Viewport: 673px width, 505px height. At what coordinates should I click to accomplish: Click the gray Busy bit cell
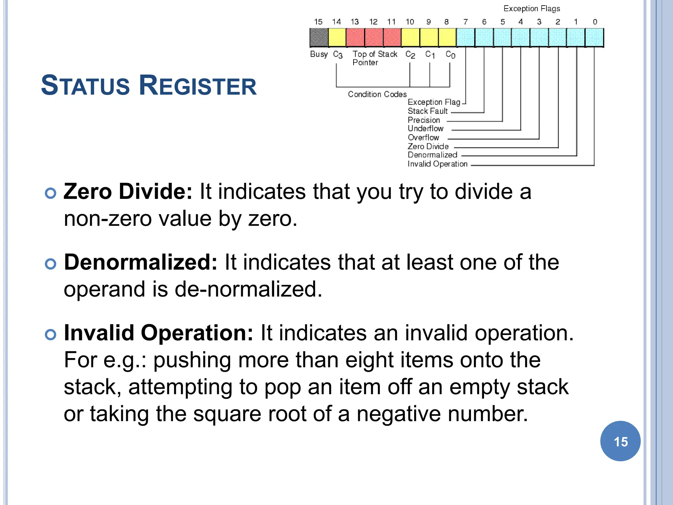click(319, 37)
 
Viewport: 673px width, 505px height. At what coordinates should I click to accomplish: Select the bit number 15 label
click(318, 22)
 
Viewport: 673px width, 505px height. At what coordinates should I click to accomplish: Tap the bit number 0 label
click(595, 22)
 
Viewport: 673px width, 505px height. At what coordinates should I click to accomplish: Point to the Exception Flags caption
click(532, 9)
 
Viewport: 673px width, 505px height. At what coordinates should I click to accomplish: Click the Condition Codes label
click(377, 94)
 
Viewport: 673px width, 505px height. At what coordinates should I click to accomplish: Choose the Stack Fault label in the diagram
click(428, 111)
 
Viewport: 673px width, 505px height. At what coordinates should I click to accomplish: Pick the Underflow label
click(426, 129)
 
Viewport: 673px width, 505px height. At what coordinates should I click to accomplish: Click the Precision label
click(424, 120)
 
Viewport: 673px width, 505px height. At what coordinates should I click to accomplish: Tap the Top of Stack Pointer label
click(375, 58)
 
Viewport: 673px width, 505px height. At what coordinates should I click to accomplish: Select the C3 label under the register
click(338, 55)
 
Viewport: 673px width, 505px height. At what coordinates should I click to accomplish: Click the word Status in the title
click(85, 85)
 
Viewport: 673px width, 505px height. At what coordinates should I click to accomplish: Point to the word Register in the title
click(197, 85)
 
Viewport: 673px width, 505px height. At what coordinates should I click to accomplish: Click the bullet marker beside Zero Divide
click(51, 193)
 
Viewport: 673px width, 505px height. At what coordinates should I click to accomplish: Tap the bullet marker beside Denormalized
click(51, 264)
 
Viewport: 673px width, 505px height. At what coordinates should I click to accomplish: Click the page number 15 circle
click(620, 441)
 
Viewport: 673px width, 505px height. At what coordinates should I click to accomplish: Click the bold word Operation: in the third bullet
click(197, 333)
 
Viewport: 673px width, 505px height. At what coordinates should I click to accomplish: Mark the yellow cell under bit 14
click(337, 37)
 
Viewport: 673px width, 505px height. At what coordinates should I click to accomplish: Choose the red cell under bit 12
click(374, 37)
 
